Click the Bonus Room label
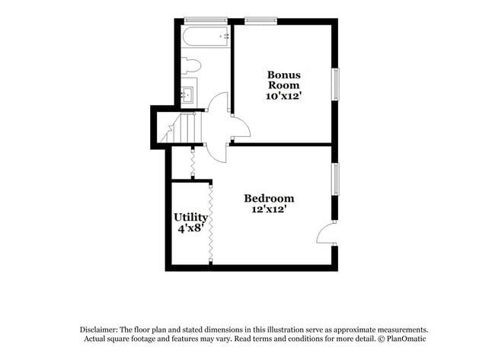[x=284, y=80]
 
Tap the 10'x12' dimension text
[x=283, y=96]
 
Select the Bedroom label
[x=269, y=198]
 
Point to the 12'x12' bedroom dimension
[x=269, y=209]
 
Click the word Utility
[x=190, y=218]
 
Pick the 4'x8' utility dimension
[x=190, y=228]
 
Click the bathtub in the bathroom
[x=206, y=37]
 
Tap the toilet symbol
[x=191, y=65]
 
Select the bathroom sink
[x=189, y=93]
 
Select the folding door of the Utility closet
[x=210, y=223]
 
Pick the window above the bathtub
[x=206, y=21]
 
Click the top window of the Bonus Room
[x=260, y=21]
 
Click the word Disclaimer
[x=99, y=330]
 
